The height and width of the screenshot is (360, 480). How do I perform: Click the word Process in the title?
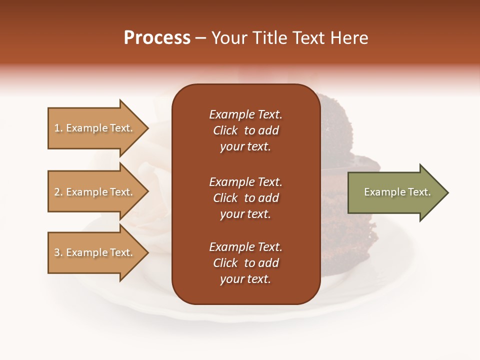click(x=157, y=38)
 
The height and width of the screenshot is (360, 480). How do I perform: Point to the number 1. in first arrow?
click(x=58, y=128)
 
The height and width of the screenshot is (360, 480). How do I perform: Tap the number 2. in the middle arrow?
click(x=58, y=192)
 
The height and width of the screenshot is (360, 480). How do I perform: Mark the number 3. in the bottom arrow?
click(x=58, y=252)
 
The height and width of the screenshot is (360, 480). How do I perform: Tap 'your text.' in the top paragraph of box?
click(x=245, y=147)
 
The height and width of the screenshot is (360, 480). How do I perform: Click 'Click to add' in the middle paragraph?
click(x=245, y=198)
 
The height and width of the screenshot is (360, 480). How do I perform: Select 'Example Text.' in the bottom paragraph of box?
click(x=245, y=247)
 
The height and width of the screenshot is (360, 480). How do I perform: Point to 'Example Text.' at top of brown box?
click(x=245, y=114)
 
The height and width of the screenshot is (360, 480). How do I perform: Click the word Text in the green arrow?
click(x=419, y=192)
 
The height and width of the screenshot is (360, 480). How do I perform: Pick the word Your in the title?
click(x=229, y=38)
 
